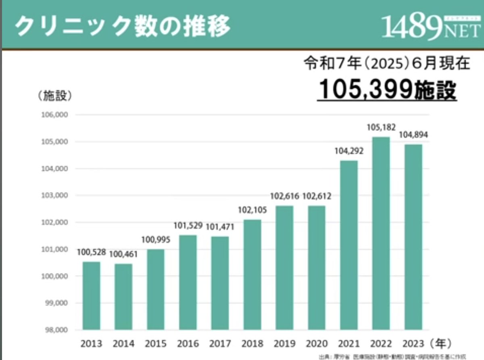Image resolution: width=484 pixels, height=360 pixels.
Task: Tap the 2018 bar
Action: click(252, 274)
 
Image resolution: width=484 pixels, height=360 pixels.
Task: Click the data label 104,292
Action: click(349, 151)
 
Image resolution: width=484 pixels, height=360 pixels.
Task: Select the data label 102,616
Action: click(284, 196)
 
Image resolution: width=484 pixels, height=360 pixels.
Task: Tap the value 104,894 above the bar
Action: click(413, 135)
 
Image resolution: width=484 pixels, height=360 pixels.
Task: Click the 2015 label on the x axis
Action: click(156, 344)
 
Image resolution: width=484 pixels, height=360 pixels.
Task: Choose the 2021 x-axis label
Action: click(349, 344)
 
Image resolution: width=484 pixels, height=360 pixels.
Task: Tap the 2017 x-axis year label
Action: click(220, 344)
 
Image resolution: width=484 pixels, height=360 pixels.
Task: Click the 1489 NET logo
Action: click(431, 27)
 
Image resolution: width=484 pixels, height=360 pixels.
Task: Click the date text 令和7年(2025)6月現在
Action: click(386, 64)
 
